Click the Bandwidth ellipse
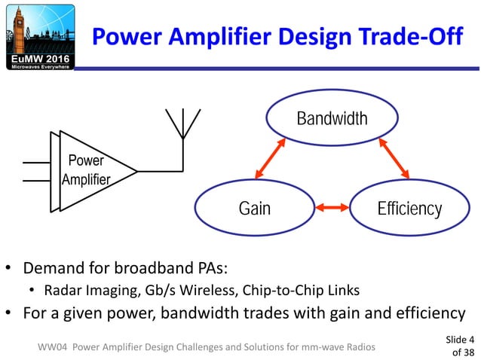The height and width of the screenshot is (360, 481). tap(332, 119)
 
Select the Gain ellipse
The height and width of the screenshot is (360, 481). tap(254, 208)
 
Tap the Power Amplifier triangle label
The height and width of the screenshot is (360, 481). tap(86, 170)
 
